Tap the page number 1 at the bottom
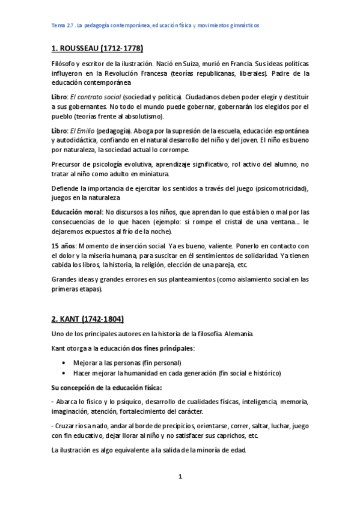pyautogui.click(x=180, y=477)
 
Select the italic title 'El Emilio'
pyautogui.click(x=84, y=130)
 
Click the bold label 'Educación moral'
pyautogui.click(x=77, y=212)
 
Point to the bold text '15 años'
pyautogui.click(x=63, y=245)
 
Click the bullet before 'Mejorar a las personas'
pyautogui.click(x=64, y=363)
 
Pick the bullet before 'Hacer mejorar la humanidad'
pyautogui.click(x=64, y=373)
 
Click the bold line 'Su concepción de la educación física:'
pyautogui.click(x=106, y=387)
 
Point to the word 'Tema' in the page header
pyautogui.click(x=59, y=26)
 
